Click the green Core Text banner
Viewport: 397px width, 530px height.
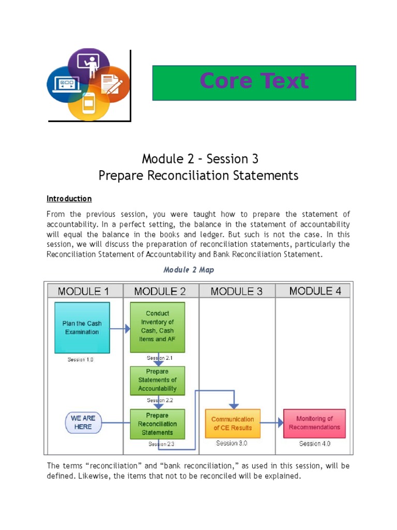click(x=254, y=82)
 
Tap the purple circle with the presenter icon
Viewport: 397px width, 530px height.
click(x=88, y=64)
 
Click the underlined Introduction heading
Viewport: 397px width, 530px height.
click(x=69, y=199)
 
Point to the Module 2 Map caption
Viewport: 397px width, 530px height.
click(x=189, y=270)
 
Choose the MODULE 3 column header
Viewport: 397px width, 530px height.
click(x=236, y=291)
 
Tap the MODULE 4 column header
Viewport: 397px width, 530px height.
click(x=315, y=291)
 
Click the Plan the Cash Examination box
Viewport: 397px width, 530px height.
click(x=82, y=328)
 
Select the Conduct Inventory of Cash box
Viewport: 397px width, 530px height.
click(x=157, y=327)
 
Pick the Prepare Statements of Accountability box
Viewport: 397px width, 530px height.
click(x=157, y=380)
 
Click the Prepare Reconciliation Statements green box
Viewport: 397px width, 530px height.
click(x=157, y=424)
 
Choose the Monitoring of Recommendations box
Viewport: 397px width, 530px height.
click(x=314, y=423)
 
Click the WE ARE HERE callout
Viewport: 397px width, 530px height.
click(x=83, y=422)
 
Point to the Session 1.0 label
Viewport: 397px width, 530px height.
click(x=81, y=360)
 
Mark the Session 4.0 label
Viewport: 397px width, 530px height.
click(x=314, y=444)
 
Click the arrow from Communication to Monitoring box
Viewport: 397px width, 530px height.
click(x=272, y=423)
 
